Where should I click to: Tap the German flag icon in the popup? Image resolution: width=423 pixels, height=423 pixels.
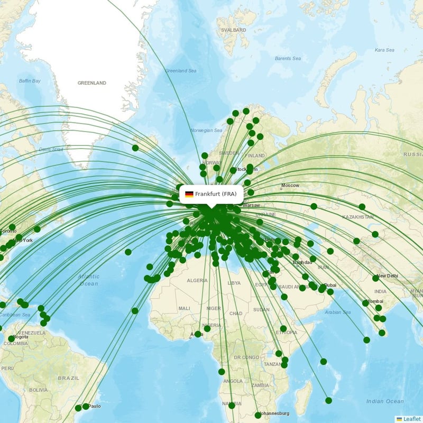coord(189,194)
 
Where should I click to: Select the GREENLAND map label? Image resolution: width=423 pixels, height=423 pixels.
coord(92,83)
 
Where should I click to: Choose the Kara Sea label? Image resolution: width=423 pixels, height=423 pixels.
coord(384,50)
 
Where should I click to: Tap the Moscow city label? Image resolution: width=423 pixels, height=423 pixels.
coord(290,186)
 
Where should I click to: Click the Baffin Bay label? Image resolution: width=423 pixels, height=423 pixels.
coord(30,81)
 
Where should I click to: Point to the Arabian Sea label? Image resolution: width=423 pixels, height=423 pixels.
coord(338,312)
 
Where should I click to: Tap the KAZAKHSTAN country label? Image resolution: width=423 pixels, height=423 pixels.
coord(357,217)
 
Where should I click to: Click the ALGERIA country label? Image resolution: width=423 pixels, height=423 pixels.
coord(197,280)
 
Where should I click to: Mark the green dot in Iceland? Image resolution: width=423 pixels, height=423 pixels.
coord(135,148)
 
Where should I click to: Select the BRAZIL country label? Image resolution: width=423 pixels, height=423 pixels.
coord(68,378)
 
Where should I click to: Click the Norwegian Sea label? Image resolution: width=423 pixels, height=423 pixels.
coord(206,130)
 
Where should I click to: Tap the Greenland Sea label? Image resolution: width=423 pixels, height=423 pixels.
coord(180,70)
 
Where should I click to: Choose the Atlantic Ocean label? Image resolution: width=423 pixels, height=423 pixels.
coord(88,280)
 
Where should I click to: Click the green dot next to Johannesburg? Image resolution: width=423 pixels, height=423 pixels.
coord(258,415)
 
